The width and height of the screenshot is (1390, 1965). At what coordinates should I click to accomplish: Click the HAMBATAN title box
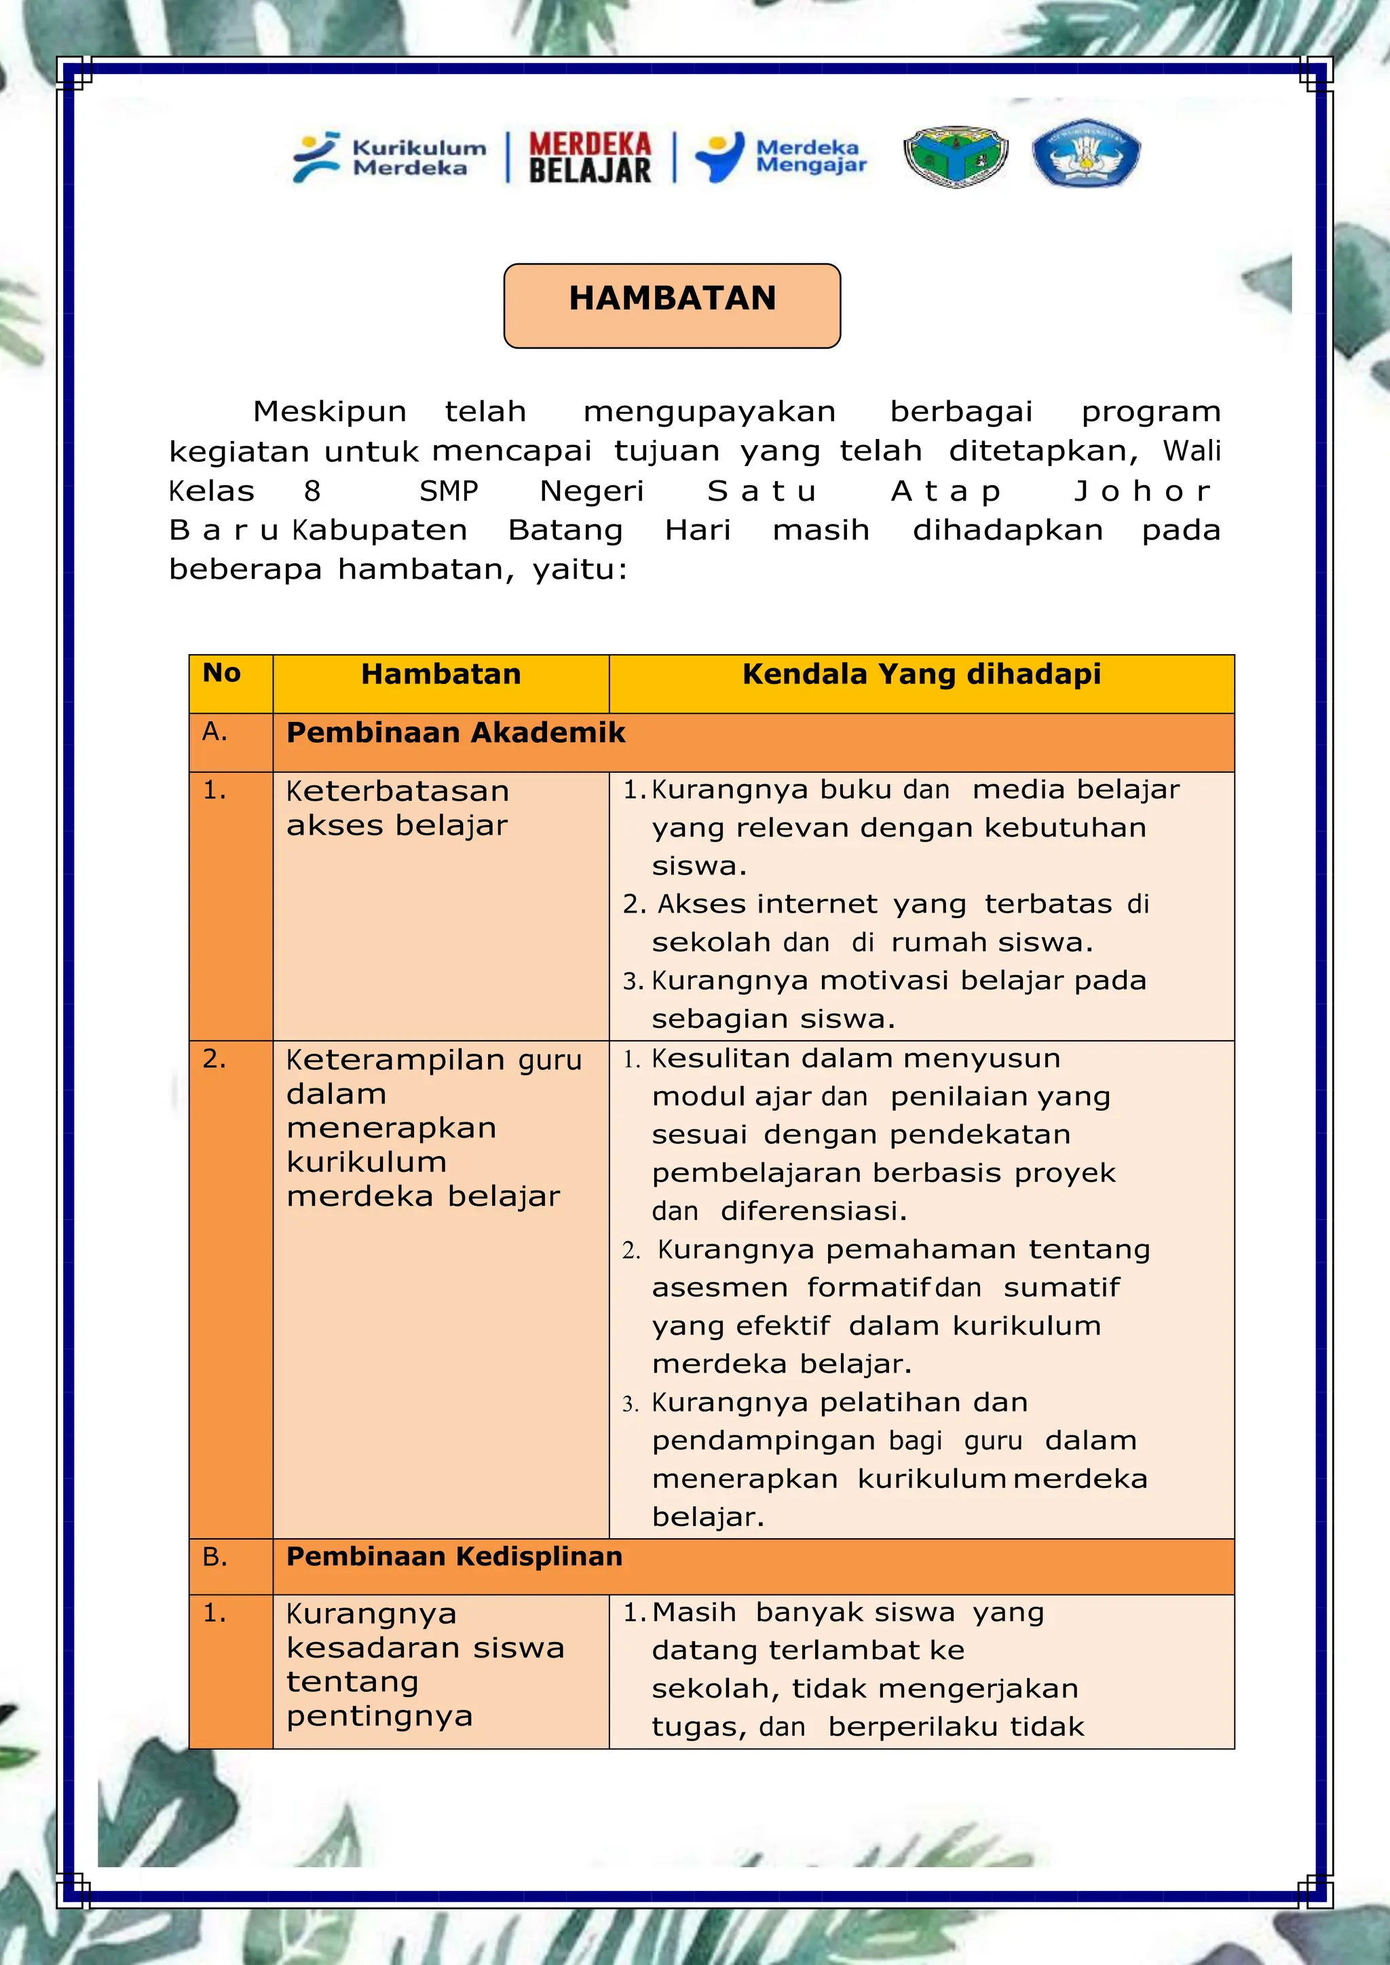[672, 305]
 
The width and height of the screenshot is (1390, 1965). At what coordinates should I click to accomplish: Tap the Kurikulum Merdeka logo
[390, 157]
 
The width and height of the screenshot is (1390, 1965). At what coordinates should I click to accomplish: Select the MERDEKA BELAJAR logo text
[590, 157]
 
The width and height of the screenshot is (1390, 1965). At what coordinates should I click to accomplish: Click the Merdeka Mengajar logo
[781, 157]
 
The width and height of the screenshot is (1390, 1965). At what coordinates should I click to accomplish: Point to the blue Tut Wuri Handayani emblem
[1085, 153]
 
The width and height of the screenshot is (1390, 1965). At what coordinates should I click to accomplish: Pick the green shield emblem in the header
[955, 156]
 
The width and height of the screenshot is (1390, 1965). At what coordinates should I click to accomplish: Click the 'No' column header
[222, 674]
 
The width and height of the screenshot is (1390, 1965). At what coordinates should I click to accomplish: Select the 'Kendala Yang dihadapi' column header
[921, 674]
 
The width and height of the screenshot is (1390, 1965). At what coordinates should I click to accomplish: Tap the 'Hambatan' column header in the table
[440, 674]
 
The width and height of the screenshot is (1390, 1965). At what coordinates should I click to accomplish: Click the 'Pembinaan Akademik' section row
[455, 733]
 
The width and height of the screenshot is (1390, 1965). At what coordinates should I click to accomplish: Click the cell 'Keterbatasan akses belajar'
[397, 808]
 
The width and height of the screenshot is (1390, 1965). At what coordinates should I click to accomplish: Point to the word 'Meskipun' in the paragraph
[330, 412]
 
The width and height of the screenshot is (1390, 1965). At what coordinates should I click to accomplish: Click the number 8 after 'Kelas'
[312, 491]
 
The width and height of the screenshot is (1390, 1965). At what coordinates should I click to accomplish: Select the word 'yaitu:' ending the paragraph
[580, 570]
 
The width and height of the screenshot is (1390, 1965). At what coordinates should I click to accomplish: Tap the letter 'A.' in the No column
[215, 731]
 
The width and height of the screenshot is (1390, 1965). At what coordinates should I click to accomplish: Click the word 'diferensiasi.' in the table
[813, 1211]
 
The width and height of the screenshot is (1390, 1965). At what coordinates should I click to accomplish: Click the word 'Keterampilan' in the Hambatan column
[396, 1060]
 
